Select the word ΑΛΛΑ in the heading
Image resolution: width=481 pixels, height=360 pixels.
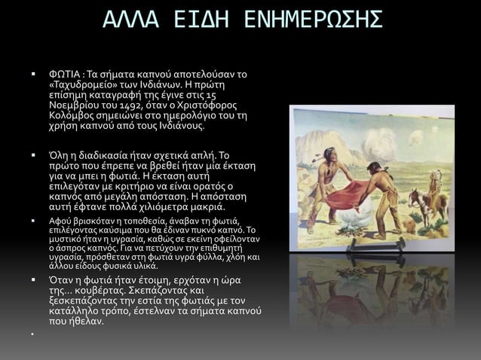128,20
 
